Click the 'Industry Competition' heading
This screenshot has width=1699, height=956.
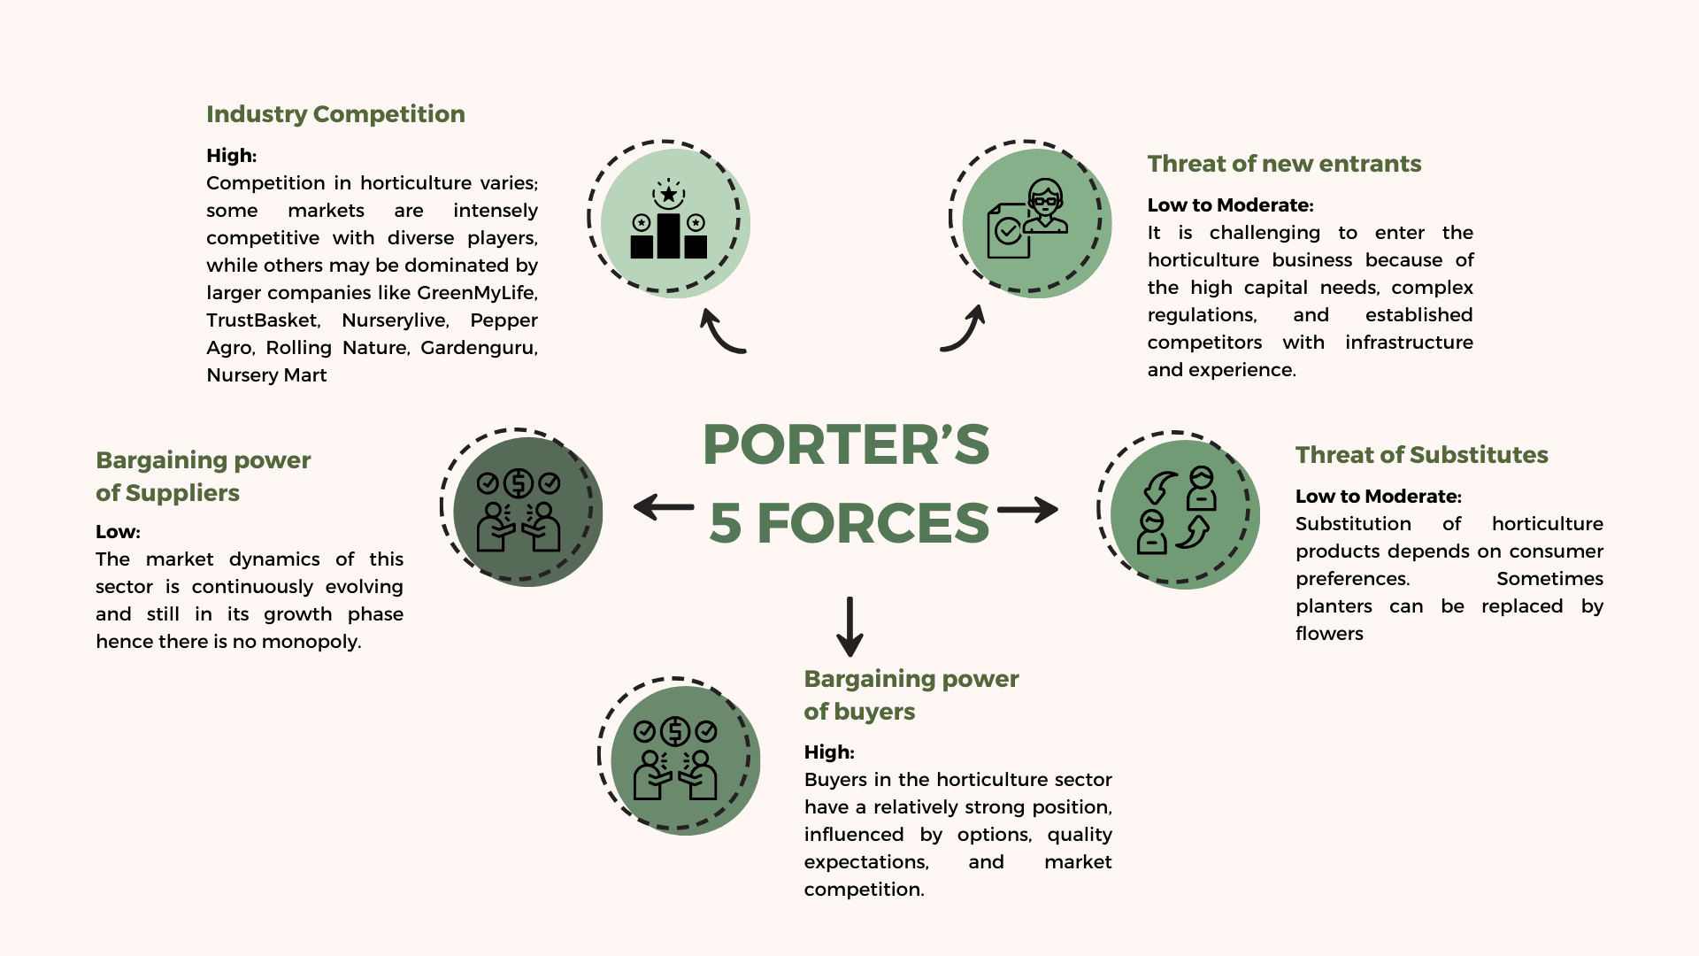point(335,114)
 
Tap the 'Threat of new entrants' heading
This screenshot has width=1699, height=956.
point(1284,164)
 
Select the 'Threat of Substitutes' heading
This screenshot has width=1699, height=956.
point(1421,455)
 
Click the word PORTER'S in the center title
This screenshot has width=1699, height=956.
point(846,444)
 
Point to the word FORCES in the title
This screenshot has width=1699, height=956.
point(873,523)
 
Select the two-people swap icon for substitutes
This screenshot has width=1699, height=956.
point(1177,511)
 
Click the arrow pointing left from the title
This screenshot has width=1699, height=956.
point(664,507)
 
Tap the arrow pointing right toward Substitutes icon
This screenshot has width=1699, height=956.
point(1028,510)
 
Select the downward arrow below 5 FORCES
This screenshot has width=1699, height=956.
point(849,627)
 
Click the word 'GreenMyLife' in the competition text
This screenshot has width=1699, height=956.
point(476,293)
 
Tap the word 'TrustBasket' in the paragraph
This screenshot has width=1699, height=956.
point(262,320)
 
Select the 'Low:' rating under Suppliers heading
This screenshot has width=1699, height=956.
point(118,532)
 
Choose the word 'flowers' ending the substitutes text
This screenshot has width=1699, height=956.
point(1329,634)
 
